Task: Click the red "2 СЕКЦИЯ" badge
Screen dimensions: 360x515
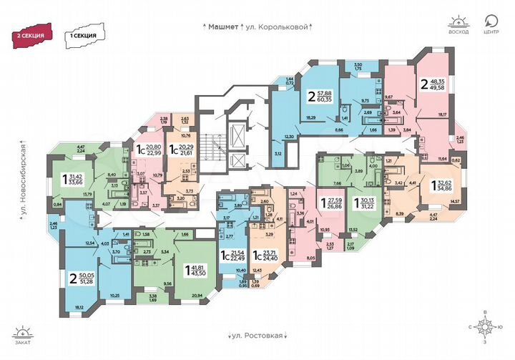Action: tap(32, 34)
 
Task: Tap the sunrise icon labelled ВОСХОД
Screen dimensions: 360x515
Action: tap(458, 24)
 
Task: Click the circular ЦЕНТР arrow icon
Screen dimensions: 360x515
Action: tap(491, 23)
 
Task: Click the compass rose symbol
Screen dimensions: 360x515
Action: tap(486, 330)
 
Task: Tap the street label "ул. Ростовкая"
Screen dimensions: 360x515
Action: tap(260, 335)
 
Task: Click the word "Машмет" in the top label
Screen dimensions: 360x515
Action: tap(222, 26)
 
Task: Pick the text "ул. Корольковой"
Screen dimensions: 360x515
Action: tap(280, 26)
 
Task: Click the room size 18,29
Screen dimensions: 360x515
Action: tap(311, 117)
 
